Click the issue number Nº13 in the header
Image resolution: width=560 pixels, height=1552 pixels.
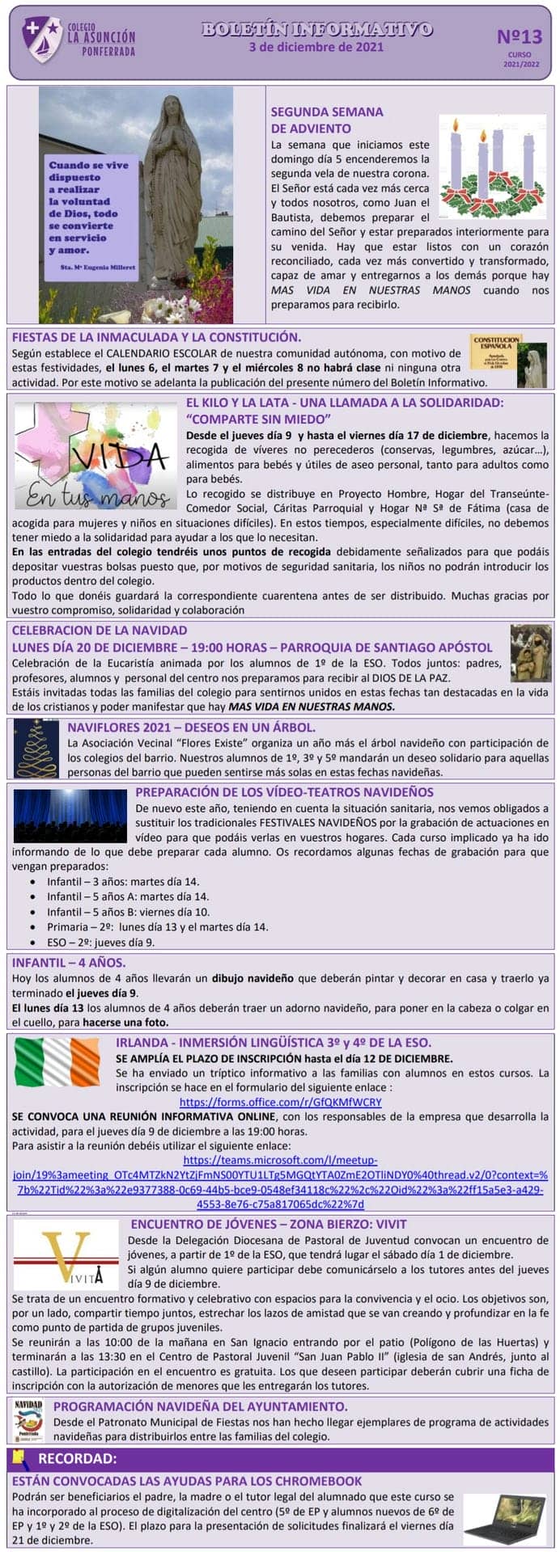point(519,37)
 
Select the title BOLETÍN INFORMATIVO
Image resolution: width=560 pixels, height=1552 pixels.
point(316,29)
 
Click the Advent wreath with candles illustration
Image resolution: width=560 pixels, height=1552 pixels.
point(492,167)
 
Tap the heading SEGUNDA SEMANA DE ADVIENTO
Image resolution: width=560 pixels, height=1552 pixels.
point(327,120)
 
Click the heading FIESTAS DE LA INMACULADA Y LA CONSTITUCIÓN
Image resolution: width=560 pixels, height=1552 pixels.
point(156,337)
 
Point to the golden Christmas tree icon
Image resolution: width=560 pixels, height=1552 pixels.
point(36,747)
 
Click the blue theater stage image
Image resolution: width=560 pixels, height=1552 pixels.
point(70,816)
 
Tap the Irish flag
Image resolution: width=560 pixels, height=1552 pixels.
point(57,1061)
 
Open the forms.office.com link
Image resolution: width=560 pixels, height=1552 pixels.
point(280,1102)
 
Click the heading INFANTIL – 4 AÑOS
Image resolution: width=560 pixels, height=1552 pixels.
point(69,962)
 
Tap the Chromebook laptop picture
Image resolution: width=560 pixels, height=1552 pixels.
point(505,1517)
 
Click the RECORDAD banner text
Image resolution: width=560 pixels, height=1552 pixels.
point(78,1458)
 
